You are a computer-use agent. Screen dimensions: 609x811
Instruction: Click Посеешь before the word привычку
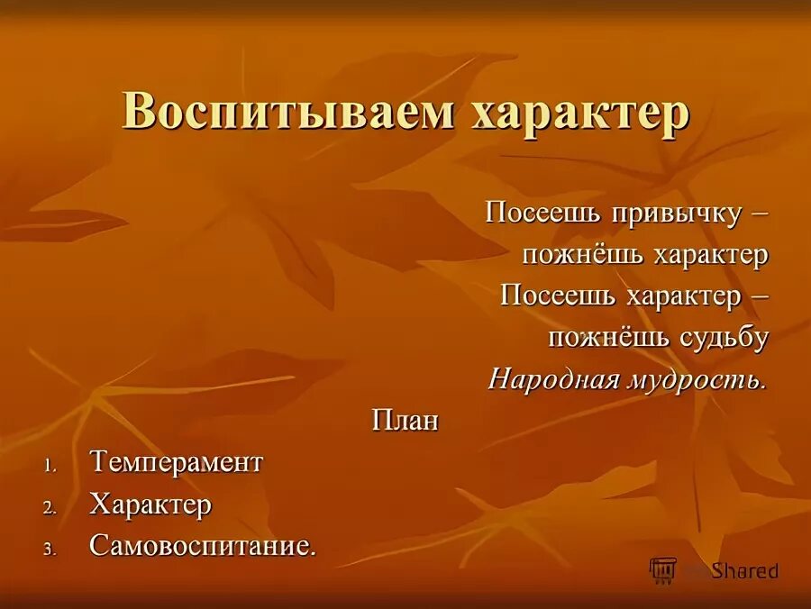(x=533, y=213)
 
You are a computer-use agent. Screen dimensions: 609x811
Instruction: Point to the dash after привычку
(x=760, y=214)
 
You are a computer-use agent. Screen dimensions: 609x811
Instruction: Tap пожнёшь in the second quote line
(x=571, y=255)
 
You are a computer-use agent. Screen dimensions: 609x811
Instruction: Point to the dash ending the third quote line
(x=760, y=298)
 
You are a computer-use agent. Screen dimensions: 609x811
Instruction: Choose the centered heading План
(x=405, y=421)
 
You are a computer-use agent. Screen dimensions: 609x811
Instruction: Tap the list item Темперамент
(x=176, y=462)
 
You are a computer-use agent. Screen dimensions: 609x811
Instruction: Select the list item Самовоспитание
(x=203, y=545)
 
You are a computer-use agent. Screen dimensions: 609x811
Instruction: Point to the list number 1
(x=50, y=465)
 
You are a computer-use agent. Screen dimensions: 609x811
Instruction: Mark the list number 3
(x=50, y=548)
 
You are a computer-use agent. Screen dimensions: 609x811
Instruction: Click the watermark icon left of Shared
(x=663, y=569)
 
